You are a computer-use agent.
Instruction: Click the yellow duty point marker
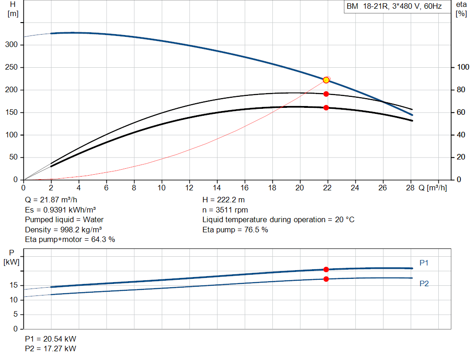[326, 80]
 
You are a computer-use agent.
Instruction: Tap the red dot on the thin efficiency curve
[326, 94]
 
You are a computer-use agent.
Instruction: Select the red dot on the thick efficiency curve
[326, 108]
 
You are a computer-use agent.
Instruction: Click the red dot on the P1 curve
[326, 269]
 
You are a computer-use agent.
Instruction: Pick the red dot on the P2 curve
[326, 279]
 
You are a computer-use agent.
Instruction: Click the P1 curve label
[424, 263]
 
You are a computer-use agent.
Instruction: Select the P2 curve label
[424, 283]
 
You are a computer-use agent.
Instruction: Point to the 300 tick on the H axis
[12, 45]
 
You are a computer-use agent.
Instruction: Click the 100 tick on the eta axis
[463, 67]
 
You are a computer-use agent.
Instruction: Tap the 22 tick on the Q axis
[327, 188]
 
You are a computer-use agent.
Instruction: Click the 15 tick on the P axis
[13, 285]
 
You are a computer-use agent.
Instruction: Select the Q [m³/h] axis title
[432, 188]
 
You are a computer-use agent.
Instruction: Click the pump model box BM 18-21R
[397, 6]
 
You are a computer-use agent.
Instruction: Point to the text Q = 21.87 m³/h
[51, 200]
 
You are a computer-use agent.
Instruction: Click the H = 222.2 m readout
[224, 200]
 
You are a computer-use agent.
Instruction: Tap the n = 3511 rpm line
[225, 210]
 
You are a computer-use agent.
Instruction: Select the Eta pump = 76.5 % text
[235, 230]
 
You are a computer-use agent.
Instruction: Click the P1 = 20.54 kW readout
[51, 339]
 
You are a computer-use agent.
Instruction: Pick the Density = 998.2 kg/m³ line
[63, 230]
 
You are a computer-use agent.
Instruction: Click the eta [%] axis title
[461, 9]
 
